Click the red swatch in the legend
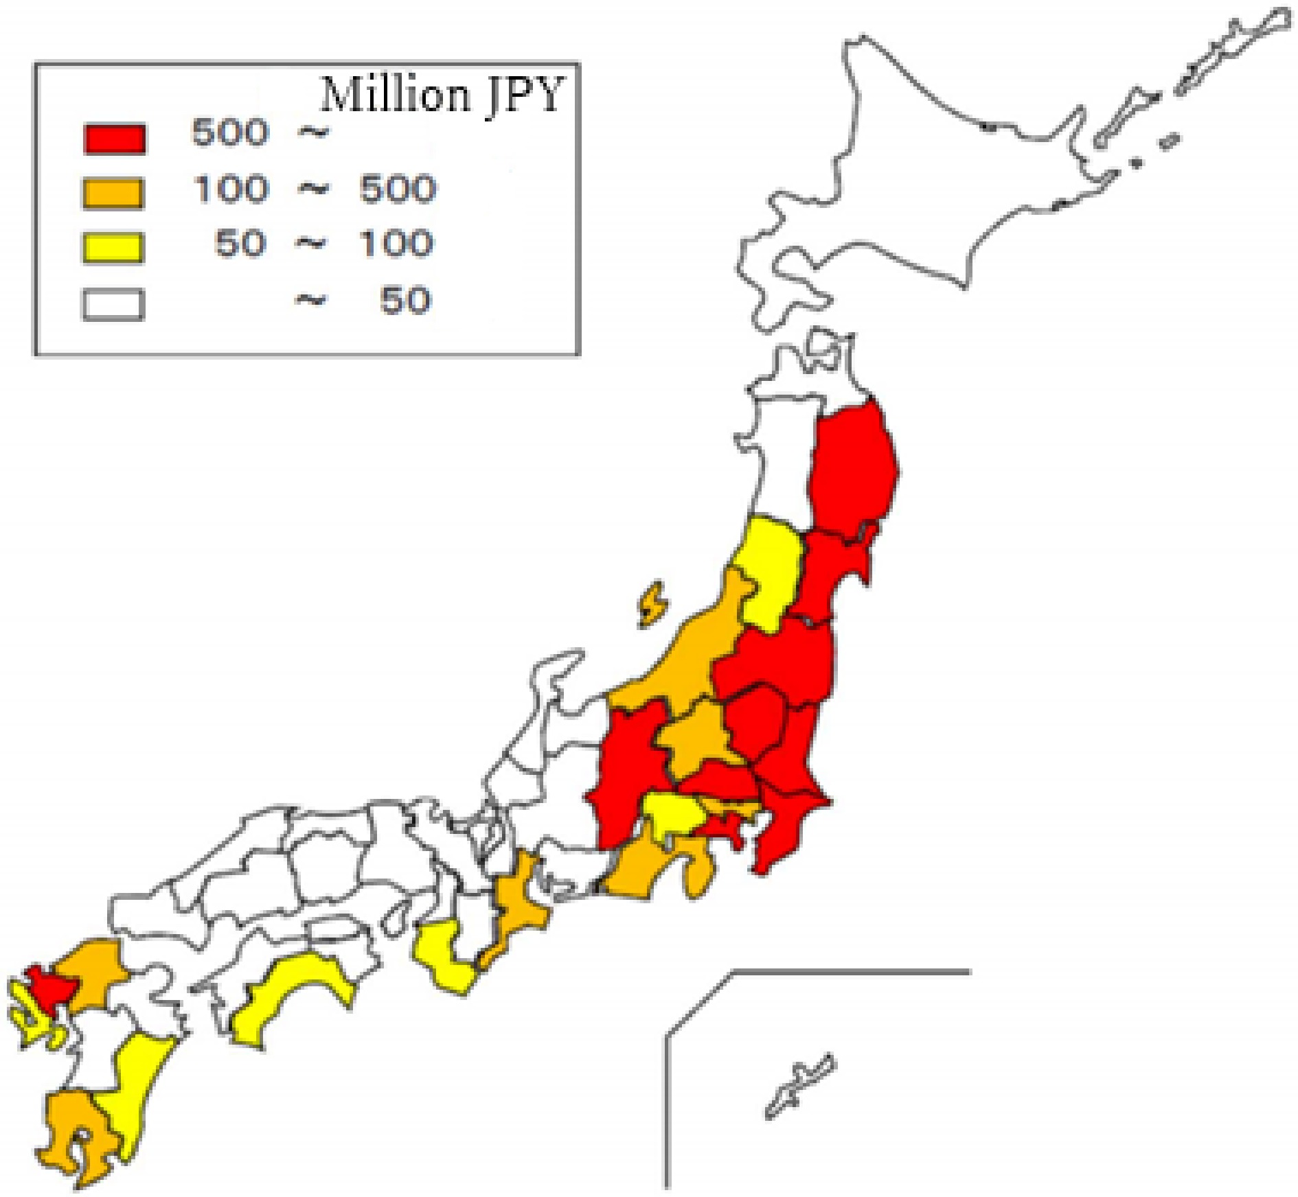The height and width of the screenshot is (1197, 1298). (115, 138)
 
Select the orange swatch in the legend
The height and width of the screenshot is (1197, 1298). (113, 193)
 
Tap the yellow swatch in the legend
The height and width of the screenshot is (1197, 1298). (113, 247)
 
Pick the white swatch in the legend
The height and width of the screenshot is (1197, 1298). (113, 304)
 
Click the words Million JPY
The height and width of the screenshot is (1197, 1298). (442, 94)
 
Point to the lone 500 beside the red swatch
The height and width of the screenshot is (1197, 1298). (229, 132)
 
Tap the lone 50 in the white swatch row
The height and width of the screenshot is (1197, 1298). (405, 301)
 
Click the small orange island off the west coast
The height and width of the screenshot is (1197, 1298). (652, 604)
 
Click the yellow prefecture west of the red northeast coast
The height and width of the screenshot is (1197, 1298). (768, 573)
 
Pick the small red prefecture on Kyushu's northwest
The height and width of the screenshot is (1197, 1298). (52, 988)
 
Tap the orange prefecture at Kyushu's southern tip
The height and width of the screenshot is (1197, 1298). (76, 1132)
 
